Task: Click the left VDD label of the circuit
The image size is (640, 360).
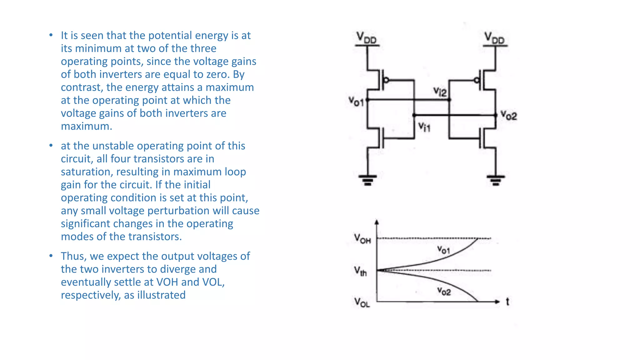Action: [x=367, y=38]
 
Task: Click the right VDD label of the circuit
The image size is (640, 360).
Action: [x=494, y=38]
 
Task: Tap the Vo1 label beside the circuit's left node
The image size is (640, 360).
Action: [x=356, y=101]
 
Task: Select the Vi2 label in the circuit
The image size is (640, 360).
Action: [x=440, y=92]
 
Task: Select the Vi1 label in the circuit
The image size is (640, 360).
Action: [x=424, y=127]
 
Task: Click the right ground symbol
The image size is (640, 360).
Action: [x=496, y=180]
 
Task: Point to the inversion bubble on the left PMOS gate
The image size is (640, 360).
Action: [x=386, y=80]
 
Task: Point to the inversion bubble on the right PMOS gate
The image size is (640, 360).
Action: [x=477, y=80]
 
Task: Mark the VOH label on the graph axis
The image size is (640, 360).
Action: [x=362, y=238]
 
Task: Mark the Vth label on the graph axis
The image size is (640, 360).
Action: [x=360, y=271]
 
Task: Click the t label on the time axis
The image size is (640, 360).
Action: [x=507, y=302]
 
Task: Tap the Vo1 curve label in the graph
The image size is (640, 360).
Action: [x=443, y=250]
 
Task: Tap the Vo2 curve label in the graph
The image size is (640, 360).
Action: [x=444, y=291]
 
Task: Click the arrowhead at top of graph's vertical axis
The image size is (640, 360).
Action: [x=377, y=222]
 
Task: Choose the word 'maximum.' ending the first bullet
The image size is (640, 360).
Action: [x=86, y=126]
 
